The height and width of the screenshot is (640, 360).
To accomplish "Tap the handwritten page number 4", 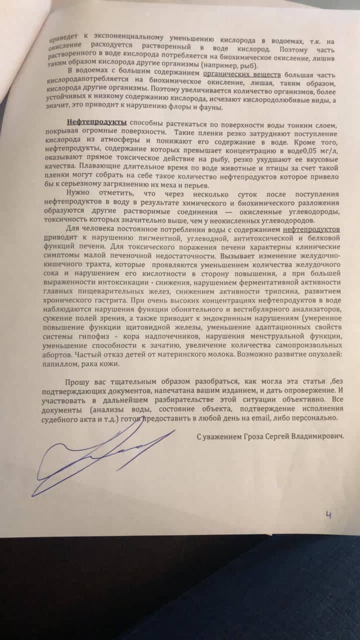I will pos(328,513).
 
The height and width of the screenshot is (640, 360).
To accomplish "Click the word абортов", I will pos(59,353).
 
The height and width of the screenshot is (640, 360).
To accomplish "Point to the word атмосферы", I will pos(118,139).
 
